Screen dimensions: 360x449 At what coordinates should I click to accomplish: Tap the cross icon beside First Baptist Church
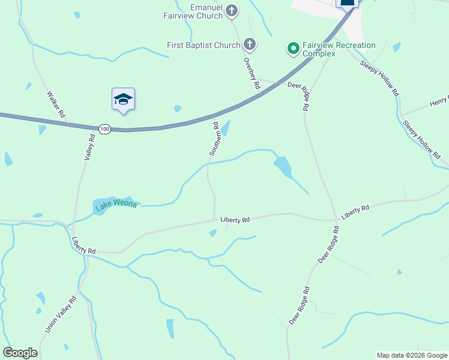pyautogui.click(x=250, y=44)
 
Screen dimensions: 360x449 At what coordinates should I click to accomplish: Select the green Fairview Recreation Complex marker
pyautogui.click(x=294, y=48)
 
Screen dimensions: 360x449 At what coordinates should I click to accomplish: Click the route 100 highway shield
pyautogui.click(x=105, y=129)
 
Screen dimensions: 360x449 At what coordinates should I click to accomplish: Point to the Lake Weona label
pyautogui.click(x=116, y=205)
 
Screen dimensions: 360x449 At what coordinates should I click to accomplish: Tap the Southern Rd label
pyautogui.click(x=215, y=139)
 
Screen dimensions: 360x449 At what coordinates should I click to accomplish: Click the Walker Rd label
pyautogui.click(x=56, y=104)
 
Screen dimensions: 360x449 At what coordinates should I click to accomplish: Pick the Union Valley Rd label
pyautogui.click(x=61, y=315)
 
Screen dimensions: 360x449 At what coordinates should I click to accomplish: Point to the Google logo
pyautogui.click(x=20, y=353)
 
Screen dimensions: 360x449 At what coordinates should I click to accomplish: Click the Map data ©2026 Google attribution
pyautogui.click(x=412, y=355)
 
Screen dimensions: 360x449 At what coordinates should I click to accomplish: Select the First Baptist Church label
pyautogui.click(x=203, y=45)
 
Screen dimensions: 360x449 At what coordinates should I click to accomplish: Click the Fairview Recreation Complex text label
pyautogui.click(x=339, y=49)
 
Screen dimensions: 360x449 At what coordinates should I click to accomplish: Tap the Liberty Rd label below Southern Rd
pyautogui.click(x=234, y=220)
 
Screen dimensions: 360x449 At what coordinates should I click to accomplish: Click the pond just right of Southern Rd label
pyautogui.click(x=226, y=127)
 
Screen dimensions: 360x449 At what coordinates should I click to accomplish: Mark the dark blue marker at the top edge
pyautogui.click(x=348, y=3)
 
